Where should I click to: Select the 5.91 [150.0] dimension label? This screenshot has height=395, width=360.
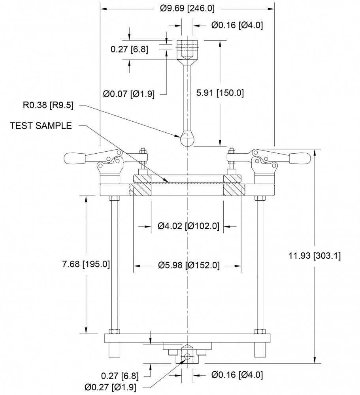tap(220, 93)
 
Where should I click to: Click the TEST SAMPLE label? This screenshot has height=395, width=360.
tap(41, 126)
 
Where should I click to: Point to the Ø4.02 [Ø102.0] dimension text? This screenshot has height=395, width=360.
tap(188, 226)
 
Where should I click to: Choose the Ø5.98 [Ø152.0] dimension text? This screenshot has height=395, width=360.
tap(188, 265)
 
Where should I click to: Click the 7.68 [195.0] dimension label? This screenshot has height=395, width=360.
tap(86, 264)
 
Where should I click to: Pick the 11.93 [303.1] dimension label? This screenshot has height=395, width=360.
tap(315, 256)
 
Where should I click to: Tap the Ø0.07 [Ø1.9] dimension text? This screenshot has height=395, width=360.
tap(128, 94)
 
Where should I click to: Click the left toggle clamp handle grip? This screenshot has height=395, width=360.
tap(75, 158)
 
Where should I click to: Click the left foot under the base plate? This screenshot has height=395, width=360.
tap(114, 350)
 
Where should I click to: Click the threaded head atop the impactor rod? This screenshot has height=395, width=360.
tap(187, 49)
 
